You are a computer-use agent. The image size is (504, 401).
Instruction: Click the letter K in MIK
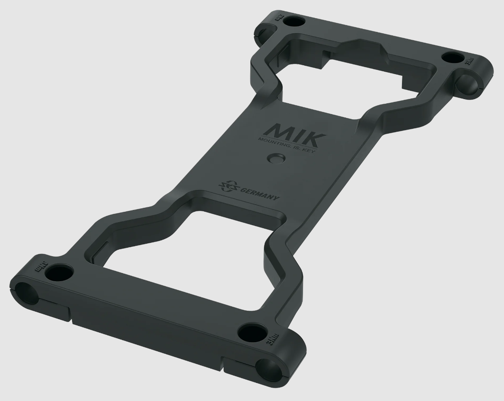tap(315, 137)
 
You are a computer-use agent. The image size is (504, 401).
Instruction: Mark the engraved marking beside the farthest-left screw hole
tap(277, 19)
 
